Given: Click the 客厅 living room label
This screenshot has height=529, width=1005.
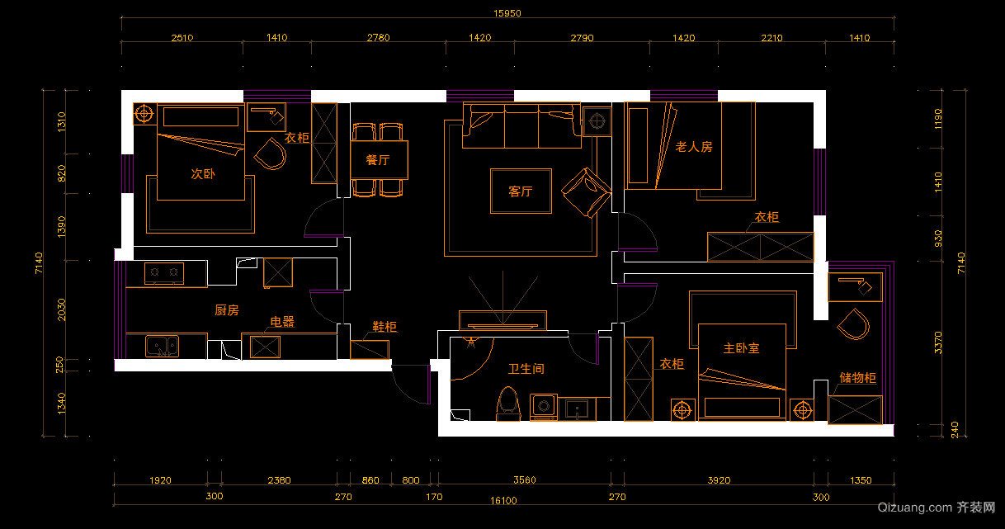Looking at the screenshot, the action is click(521, 191).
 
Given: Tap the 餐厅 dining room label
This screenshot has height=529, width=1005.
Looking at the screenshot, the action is click(378, 160).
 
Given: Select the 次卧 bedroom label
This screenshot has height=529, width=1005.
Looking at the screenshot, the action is click(203, 173).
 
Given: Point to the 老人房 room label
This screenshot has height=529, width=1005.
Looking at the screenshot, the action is click(694, 147).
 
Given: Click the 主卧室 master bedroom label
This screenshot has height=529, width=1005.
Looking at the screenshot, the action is click(741, 347).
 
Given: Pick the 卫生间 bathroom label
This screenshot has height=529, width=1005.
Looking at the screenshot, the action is click(526, 369).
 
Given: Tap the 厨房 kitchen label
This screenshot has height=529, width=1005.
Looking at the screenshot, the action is click(227, 310).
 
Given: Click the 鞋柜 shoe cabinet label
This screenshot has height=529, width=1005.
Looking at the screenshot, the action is click(385, 326).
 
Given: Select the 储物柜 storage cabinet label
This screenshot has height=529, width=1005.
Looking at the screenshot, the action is click(857, 377).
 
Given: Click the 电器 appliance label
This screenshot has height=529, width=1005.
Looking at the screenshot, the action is click(282, 321).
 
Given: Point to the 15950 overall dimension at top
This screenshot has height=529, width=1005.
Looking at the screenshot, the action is click(507, 13).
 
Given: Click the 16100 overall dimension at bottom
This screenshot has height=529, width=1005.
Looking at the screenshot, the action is click(503, 500).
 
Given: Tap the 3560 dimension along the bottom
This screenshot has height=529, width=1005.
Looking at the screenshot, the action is click(525, 479).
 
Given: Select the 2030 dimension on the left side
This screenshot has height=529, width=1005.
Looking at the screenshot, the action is click(61, 309).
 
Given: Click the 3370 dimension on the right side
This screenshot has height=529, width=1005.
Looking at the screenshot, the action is click(938, 342).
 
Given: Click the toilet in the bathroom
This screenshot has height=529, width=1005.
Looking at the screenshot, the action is click(508, 404).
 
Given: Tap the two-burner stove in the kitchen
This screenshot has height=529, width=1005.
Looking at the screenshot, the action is click(164, 273).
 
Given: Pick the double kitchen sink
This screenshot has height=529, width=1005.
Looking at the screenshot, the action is click(162, 347).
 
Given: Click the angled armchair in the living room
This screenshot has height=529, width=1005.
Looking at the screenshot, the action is click(587, 192).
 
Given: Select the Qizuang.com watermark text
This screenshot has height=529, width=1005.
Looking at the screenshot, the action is click(914, 507).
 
